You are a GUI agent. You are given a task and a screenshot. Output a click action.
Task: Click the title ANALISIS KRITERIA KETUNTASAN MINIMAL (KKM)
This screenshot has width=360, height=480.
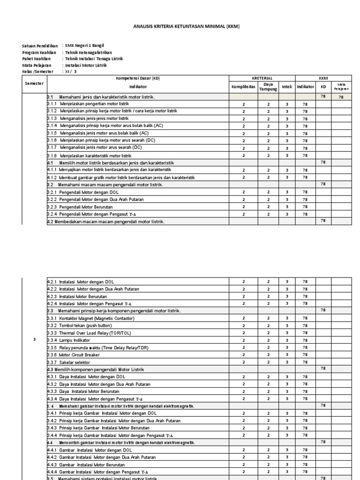pyautogui.click(x=180, y=27)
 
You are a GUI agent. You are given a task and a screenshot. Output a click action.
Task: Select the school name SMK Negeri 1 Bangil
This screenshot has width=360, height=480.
pyautogui.click(x=84, y=46)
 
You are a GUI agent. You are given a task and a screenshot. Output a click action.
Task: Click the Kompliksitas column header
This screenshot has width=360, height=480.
pyautogui.click(x=243, y=87)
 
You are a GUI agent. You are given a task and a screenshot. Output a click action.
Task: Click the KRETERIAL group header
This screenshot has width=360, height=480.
pyautogui.click(x=262, y=78)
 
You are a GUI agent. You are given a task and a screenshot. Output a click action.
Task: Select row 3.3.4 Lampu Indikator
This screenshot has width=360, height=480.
pyautogui.click(x=75, y=340)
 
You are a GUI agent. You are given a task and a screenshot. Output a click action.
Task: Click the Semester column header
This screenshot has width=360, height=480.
pyautogui.click(x=34, y=83)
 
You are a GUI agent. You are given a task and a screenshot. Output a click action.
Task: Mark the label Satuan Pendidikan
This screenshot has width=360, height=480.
pyautogui.click(x=40, y=46)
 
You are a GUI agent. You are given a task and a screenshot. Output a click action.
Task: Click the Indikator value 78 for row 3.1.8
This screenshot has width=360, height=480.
pyautogui.click(x=305, y=155)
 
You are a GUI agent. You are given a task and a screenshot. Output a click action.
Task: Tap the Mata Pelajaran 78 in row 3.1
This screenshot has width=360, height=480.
pyautogui.click(x=341, y=97)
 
